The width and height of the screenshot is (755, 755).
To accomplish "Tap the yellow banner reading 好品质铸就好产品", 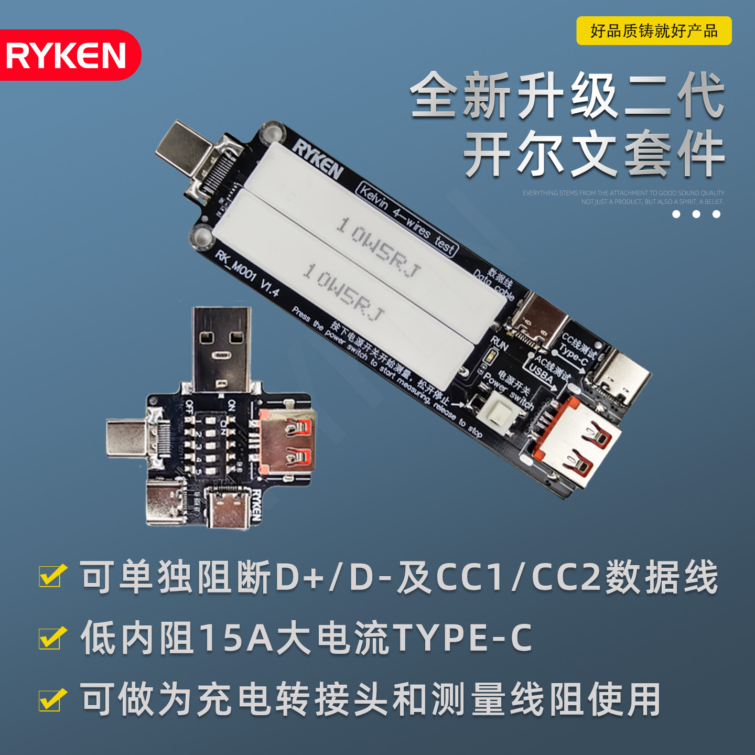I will (653, 31).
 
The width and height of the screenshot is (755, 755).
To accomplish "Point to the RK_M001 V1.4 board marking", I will (248, 273).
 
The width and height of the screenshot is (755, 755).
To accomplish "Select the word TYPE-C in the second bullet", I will (462, 638).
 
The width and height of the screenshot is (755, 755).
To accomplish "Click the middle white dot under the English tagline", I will (696, 214).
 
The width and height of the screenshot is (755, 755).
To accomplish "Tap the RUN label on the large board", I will (499, 344).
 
